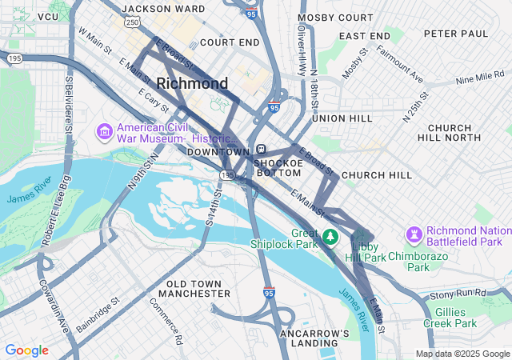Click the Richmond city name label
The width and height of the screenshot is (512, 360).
click(192, 83)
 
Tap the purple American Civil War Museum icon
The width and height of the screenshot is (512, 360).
click(104, 131)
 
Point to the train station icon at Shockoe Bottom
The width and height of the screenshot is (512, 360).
click(262, 150)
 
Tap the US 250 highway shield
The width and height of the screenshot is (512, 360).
click(133, 22)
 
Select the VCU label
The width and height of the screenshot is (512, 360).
click(48, 17)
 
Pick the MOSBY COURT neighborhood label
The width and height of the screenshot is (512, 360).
click(335, 17)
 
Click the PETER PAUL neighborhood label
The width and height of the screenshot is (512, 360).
click(455, 34)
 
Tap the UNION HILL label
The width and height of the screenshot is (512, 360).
click(342, 118)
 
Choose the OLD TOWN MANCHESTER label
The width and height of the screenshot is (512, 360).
click(198, 289)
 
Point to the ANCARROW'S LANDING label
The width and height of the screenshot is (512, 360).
click(314, 338)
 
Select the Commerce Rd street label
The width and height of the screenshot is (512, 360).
click(166, 320)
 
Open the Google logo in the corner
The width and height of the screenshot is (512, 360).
click(26, 350)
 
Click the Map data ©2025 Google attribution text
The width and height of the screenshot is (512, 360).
click(462, 354)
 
